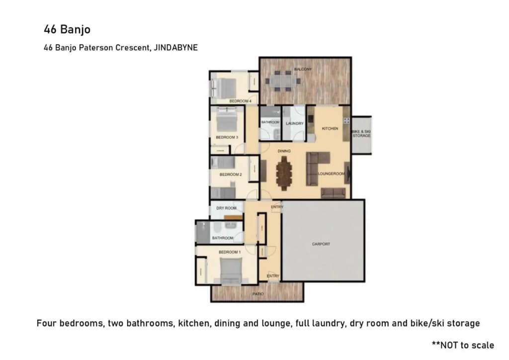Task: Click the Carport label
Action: pyautogui.click(x=321, y=244)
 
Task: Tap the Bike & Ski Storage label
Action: pyautogui.click(x=361, y=133)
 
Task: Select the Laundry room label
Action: pyautogui.click(x=294, y=123)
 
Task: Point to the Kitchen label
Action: pyautogui.click(x=330, y=129)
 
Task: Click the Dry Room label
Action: pyautogui.click(x=226, y=208)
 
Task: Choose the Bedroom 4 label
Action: pyautogui.click(x=240, y=101)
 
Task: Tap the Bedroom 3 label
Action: pyautogui.click(x=227, y=137)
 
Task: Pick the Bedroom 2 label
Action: pyautogui.click(x=231, y=175)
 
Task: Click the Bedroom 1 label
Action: pyautogui.click(x=230, y=252)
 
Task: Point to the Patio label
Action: pyautogui.click(x=258, y=294)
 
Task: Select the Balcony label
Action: pyautogui.click(x=303, y=69)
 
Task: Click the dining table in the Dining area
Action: pyautogui.click(x=284, y=173)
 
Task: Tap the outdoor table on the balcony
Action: pyautogui.click(x=283, y=81)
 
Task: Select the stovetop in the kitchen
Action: pyautogui.click(x=346, y=121)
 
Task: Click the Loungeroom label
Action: pyautogui.click(x=331, y=174)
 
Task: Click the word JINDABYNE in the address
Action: pyautogui.click(x=175, y=48)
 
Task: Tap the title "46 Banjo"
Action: pyautogui.click(x=67, y=29)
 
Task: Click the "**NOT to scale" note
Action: pyautogui.click(x=463, y=345)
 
